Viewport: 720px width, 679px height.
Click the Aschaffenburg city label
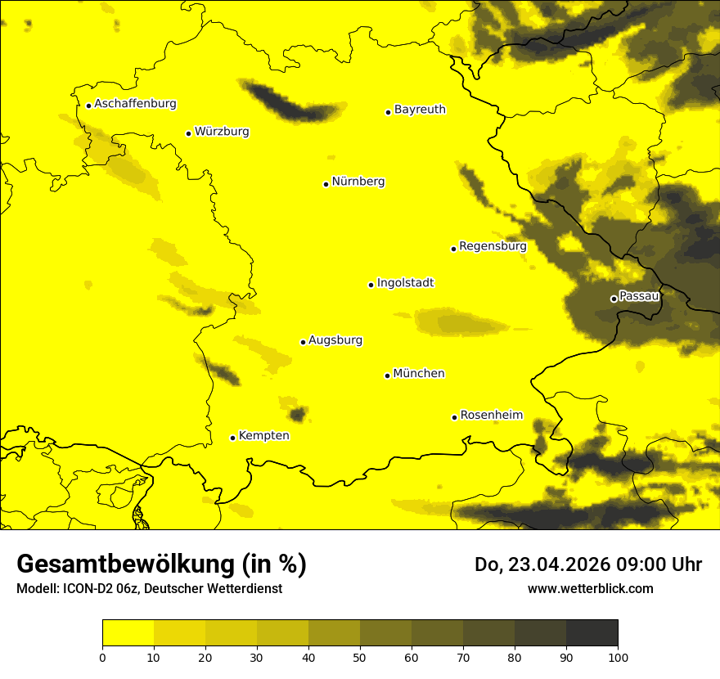click(x=135, y=104)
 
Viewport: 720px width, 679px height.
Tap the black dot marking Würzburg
click(x=188, y=133)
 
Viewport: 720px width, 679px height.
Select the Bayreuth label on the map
click(x=420, y=109)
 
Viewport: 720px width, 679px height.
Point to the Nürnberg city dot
click(x=326, y=184)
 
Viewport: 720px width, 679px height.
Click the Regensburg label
click(x=493, y=245)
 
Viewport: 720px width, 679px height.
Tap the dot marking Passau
click(x=614, y=299)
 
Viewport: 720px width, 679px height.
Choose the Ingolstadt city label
click(x=405, y=282)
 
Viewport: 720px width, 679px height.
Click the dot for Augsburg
click(x=303, y=342)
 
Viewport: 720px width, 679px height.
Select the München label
click(x=419, y=373)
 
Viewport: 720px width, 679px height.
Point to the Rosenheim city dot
click(x=454, y=417)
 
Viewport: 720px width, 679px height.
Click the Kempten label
click(x=263, y=435)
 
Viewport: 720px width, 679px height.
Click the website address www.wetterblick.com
click(x=590, y=588)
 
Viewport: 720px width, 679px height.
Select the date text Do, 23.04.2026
click(x=540, y=564)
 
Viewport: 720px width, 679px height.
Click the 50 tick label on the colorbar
click(x=360, y=657)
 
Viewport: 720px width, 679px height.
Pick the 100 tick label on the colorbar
click(x=618, y=657)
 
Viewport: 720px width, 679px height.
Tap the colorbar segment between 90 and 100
click(x=592, y=633)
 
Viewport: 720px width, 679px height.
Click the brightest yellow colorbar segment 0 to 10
click(x=128, y=633)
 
